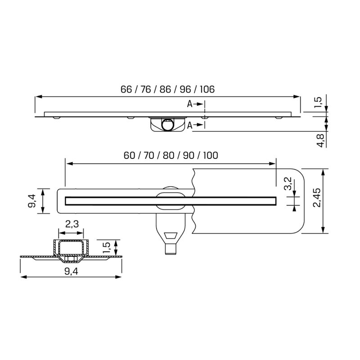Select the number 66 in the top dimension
pyautogui.click(x=126, y=89)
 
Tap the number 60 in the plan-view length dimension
pyautogui.click(x=130, y=156)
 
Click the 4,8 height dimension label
pyautogui.click(x=320, y=139)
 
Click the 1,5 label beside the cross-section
pyautogui.click(x=107, y=247)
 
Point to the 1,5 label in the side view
pyautogui.click(x=319, y=103)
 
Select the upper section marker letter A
pyautogui.click(x=190, y=104)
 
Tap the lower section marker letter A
pyautogui.click(x=190, y=125)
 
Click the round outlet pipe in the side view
pyautogui.click(x=167, y=124)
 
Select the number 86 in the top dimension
pyautogui.click(x=165, y=89)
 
